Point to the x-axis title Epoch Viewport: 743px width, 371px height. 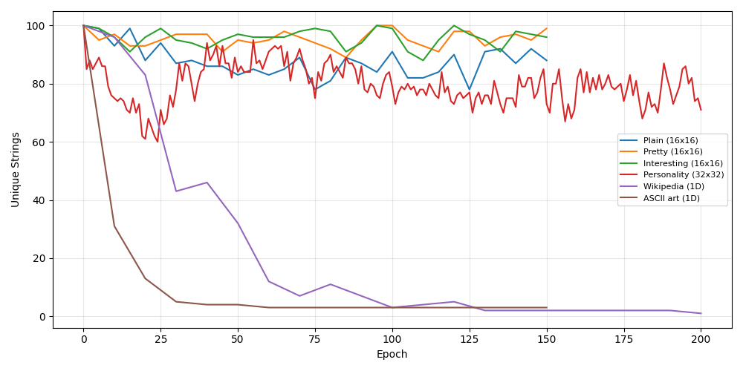click(392, 355)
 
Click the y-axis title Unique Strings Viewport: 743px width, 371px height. click(15, 169)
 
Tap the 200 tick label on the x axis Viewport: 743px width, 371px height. click(701, 339)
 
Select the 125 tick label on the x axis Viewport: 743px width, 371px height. click(469, 339)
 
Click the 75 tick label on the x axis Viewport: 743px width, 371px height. click(315, 339)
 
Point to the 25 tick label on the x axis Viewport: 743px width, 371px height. click(160, 339)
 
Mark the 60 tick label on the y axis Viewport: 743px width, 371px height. click(37, 142)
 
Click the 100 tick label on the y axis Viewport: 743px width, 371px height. click(34, 26)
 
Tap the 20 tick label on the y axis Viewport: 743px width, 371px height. click(37, 259)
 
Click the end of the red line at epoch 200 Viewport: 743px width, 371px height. click(701, 110)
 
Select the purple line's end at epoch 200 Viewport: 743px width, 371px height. click(701, 313)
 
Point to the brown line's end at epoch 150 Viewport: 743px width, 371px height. click(547, 307)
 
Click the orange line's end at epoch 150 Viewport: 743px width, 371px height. click(547, 29)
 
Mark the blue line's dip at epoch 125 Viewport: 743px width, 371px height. click(470, 90)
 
